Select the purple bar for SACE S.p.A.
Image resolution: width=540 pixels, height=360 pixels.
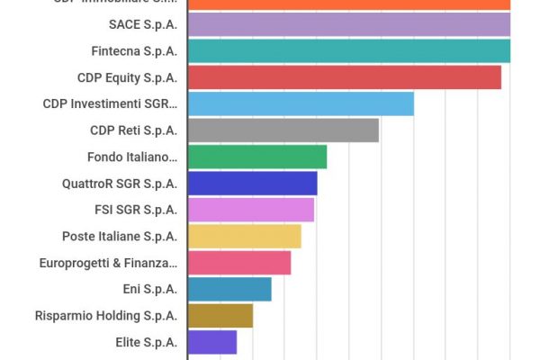tap(349, 24)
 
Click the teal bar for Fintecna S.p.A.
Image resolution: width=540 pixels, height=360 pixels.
tap(349, 51)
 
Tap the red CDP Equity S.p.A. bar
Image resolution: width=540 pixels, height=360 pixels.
tap(345, 77)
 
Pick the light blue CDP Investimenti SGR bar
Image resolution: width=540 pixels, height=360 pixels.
tap(301, 103)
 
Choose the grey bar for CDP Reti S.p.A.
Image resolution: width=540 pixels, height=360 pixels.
tap(283, 130)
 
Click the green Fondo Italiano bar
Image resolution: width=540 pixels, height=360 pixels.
tap(257, 157)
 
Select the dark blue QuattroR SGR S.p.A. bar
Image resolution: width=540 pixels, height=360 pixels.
tap(253, 184)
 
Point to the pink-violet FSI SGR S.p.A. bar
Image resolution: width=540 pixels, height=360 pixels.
tap(251, 210)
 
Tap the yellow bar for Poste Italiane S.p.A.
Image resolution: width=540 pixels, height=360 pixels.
tap(245, 237)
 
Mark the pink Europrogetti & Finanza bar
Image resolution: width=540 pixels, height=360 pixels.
tap(239, 263)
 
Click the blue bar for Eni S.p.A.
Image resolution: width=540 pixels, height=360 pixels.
tap(229, 289)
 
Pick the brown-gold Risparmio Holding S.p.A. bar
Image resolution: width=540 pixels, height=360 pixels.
tap(220, 316)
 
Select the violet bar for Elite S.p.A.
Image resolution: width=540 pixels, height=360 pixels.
tap(212, 342)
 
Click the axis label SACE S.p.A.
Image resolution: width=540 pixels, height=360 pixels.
tap(142, 24)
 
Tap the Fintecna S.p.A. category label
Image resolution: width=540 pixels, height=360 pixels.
tap(134, 51)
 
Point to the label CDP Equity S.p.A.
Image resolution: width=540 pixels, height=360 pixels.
tap(128, 77)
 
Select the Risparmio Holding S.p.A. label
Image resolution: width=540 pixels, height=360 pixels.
tap(106, 316)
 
